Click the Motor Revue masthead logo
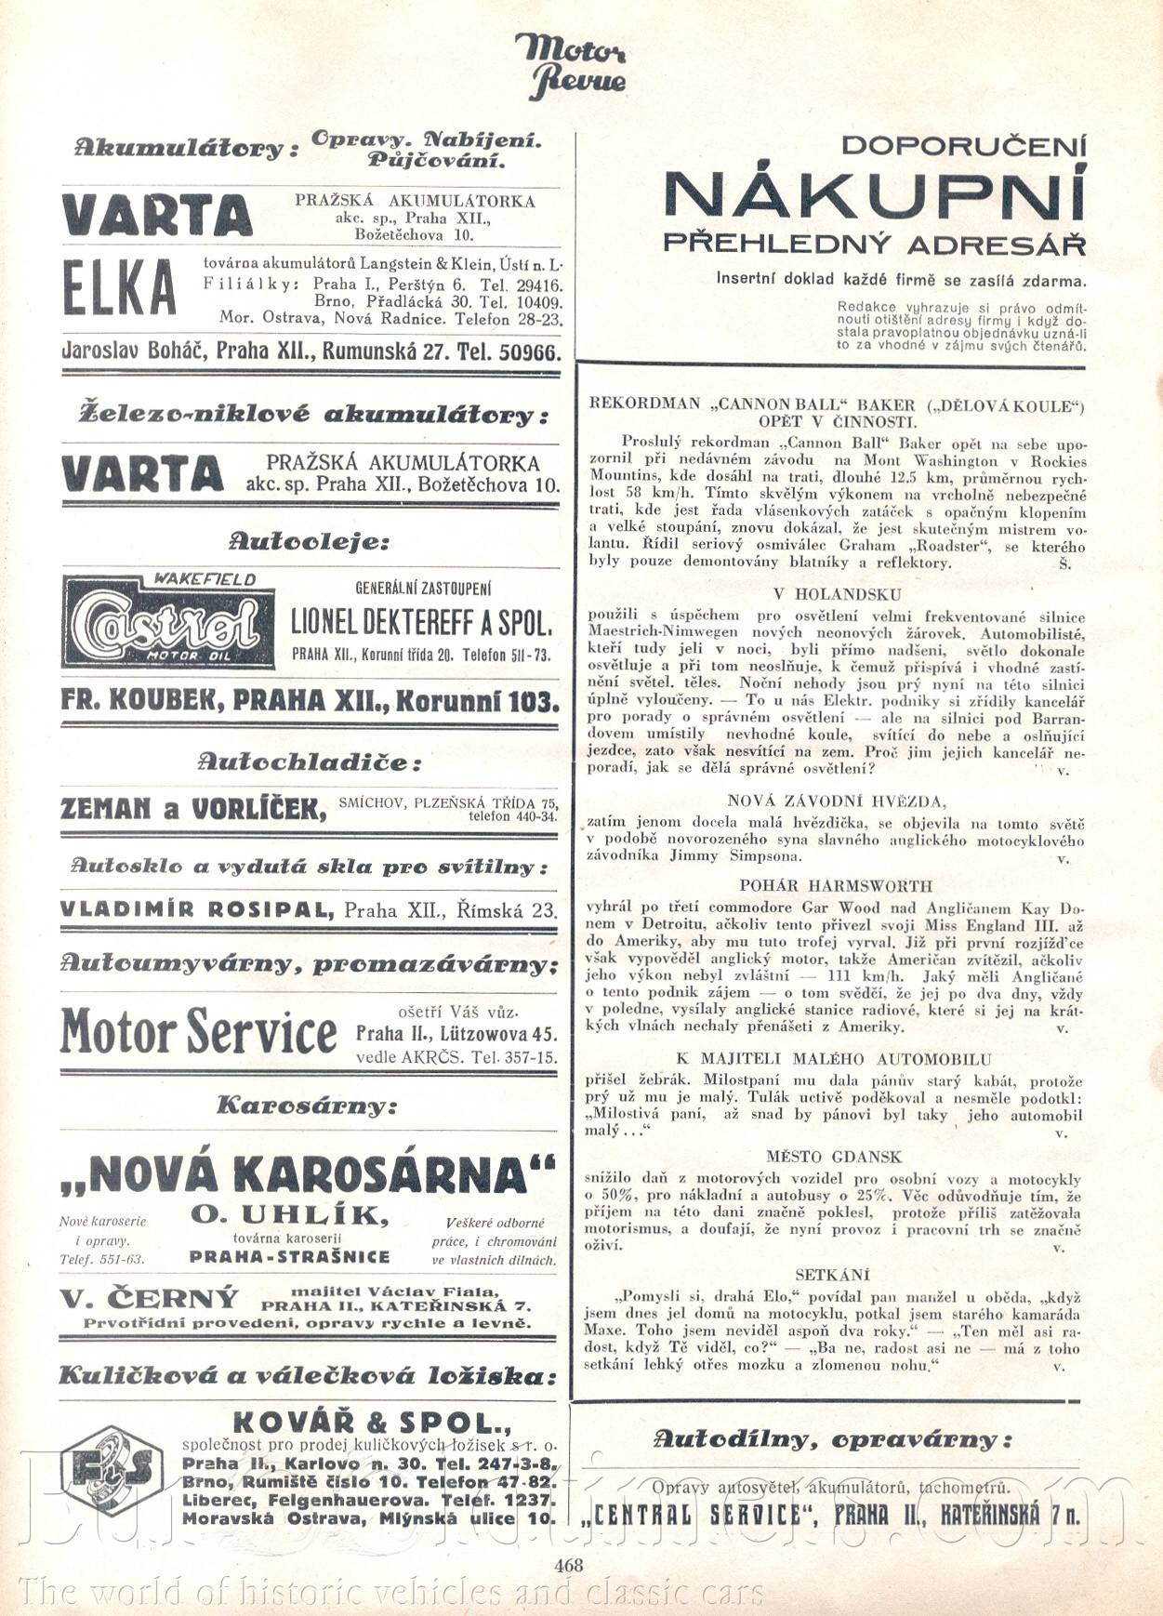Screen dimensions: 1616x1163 (571, 65)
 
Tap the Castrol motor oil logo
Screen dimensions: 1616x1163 (168, 621)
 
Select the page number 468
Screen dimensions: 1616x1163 (568, 1566)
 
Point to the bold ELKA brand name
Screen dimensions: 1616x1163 (119, 288)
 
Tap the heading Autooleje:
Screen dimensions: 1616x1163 (309, 541)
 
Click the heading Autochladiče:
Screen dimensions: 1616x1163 (310, 763)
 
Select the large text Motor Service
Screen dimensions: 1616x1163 (199, 1030)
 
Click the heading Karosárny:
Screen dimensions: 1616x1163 (307, 1106)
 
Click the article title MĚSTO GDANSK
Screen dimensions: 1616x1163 (834, 1157)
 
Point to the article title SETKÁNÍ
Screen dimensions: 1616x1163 (833, 1275)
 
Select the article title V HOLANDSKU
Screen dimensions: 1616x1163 (837, 594)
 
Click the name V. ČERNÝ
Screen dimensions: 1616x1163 (150, 1298)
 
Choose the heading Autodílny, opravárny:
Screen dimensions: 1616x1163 (831, 1439)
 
